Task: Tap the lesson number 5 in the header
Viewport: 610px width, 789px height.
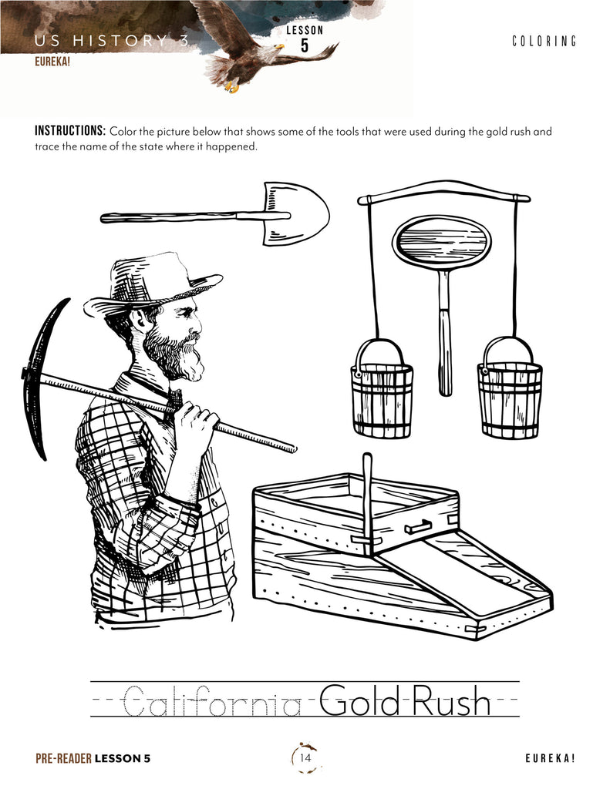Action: click(x=305, y=45)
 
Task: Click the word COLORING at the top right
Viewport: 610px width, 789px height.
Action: click(x=544, y=42)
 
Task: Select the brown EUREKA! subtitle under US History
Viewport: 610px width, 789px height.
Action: click(x=52, y=62)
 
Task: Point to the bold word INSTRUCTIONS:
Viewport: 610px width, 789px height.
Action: click(x=70, y=131)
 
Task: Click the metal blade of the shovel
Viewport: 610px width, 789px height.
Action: click(x=296, y=213)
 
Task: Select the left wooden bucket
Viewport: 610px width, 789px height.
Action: click(x=382, y=388)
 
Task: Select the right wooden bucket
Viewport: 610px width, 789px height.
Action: click(x=509, y=388)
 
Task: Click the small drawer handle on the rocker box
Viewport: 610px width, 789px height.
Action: click(x=417, y=527)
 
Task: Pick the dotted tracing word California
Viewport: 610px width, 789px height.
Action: click(x=212, y=701)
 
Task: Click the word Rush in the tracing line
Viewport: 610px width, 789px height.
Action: click(x=451, y=700)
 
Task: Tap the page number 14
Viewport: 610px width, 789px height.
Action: click(x=305, y=757)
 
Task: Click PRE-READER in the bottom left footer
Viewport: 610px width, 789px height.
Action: click(x=63, y=758)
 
